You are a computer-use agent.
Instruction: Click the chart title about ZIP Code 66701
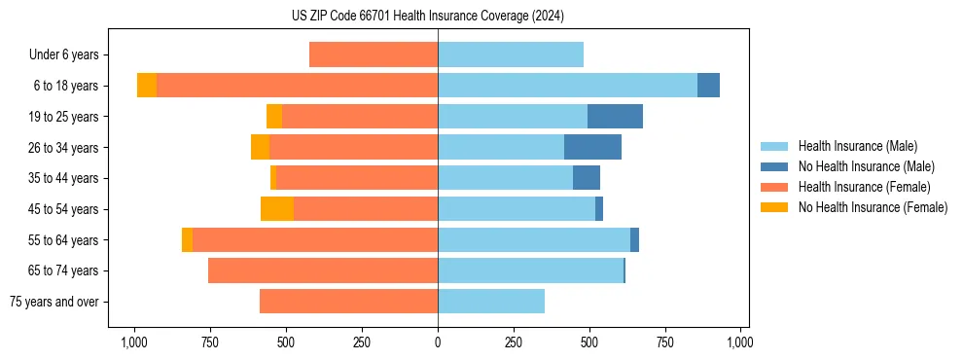click(x=427, y=16)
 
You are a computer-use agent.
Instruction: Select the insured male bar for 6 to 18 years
click(x=567, y=86)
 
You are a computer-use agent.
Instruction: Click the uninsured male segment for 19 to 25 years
click(x=615, y=117)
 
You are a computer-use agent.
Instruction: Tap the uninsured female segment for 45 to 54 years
click(x=277, y=209)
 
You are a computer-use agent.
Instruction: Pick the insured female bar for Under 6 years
click(x=374, y=55)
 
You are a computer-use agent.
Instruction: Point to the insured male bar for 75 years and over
click(x=491, y=302)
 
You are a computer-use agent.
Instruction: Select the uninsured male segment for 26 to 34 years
click(x=592, y=148)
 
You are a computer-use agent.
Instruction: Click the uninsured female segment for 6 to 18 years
click(x=147, y=86)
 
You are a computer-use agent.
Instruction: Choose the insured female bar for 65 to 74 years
click(x=323, y=270)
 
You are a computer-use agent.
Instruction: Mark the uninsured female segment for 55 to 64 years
click(x=187, y=240)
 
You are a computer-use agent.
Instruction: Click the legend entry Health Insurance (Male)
click(x=857, y=146)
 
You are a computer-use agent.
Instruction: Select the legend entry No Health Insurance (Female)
click(x=873, y=207)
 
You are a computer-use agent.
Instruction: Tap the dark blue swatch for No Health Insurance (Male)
click(x=775, y=166)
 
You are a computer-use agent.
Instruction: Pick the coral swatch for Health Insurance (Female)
click(x=775, y=187)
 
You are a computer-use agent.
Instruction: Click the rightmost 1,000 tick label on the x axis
click(x=740, y=342)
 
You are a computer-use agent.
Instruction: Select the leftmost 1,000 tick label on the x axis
click(x=133, y=342)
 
